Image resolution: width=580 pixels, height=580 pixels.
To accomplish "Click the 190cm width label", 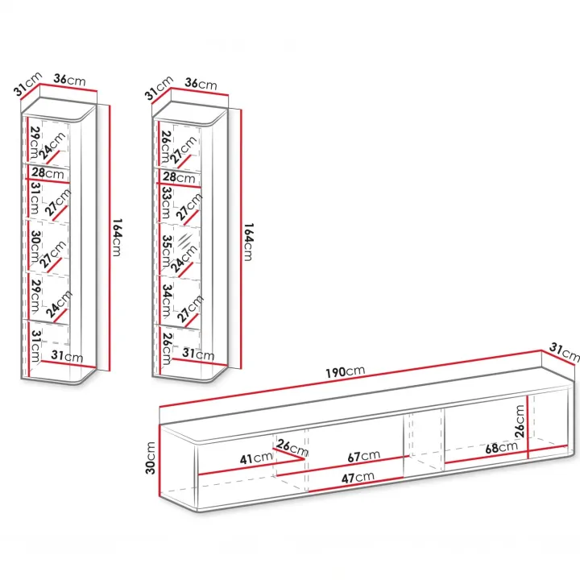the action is pos(345,371).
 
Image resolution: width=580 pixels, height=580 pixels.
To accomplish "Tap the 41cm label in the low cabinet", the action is pos(256,458).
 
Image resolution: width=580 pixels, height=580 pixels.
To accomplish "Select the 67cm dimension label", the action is pos(363,456).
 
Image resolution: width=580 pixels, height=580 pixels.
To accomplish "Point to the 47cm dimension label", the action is pos(358,478).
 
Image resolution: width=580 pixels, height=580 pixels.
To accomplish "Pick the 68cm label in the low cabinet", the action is pos(501,447).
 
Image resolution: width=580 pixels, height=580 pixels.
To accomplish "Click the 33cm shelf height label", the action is pos(167,203).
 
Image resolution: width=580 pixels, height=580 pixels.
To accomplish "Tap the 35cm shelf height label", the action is pos(167,251).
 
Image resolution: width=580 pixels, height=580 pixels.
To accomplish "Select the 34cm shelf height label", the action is pos(168,300).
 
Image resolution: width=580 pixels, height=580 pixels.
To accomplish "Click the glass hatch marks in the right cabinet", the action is pos(185,240).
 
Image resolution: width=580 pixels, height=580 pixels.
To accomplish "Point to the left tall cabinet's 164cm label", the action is pos(117,237).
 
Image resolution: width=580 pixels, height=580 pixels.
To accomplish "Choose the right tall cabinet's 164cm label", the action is pos(248,242).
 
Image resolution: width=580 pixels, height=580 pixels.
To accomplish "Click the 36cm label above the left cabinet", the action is pos(69,79).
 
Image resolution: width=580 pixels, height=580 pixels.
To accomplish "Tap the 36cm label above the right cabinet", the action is pos(201,84).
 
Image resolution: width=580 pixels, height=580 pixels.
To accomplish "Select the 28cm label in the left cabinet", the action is pos(48,172).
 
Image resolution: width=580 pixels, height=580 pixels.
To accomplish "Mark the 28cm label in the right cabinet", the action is pos(179,177).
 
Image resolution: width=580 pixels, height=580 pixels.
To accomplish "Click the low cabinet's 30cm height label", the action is pos(151,458).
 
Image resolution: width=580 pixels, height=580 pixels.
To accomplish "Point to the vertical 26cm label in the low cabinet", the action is pos(520,421).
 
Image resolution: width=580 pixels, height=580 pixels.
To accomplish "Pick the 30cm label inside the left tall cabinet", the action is pos(35,246).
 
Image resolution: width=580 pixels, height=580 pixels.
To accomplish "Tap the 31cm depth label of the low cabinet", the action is pos(565,352).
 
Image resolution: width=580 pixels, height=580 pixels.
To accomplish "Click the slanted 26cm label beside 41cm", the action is pos(292,447).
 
